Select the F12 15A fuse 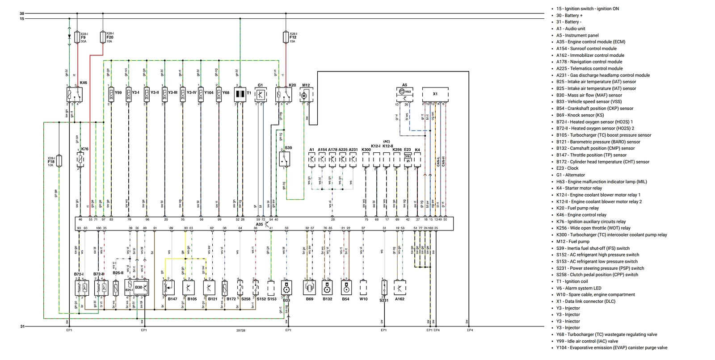coord(286,37)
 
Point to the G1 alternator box coord(261,94)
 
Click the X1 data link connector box coord(435,94)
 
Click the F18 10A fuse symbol coord(59,161)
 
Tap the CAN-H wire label coord(443,161)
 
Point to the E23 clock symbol coord(408,159)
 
